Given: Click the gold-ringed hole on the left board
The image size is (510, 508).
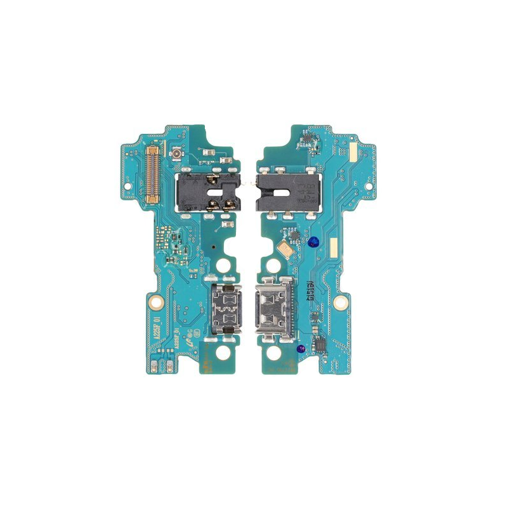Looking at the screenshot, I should click(x=160, y=303).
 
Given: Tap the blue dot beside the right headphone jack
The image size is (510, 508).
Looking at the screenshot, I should click(x=313, y=240).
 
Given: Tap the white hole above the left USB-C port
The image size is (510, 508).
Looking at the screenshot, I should click(x=225, y=264).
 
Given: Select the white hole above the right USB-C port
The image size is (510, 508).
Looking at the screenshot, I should click(x=275, y=264).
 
